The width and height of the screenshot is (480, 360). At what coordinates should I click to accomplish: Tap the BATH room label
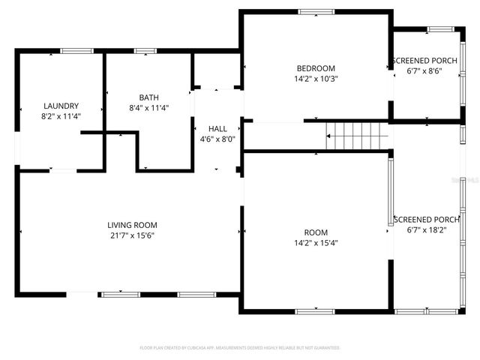[x=148, y=97]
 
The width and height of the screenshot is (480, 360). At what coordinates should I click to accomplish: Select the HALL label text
[x=217, y=129]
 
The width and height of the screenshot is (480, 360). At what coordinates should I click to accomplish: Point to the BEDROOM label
[x=316, y=68]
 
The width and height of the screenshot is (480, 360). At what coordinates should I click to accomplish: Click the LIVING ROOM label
[x=132, y=225]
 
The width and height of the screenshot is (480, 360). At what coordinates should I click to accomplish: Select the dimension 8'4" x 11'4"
[x=148, y=108]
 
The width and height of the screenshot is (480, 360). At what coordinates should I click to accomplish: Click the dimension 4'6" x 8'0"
[x=217, y=139]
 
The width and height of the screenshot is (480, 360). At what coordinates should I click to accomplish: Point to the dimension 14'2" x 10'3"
[x=316, y=79]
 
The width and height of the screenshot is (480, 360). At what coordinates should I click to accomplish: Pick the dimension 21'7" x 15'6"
[x=132, y=235]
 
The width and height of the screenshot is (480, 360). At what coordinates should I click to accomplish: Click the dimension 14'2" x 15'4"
[x=316, y=243]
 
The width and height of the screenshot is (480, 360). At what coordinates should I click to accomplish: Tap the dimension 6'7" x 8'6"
[x=424, y=72]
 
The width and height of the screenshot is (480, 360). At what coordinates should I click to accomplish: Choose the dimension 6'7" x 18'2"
[x=424, y=229]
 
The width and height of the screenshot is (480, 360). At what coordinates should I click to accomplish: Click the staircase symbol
[x=358, y=137]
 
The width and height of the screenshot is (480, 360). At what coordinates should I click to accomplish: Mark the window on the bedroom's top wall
[x=316, y=11]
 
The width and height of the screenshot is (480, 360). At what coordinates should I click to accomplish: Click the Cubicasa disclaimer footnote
[x=240, y=348]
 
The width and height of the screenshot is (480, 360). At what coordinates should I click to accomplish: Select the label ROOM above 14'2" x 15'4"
[x=316, y=232]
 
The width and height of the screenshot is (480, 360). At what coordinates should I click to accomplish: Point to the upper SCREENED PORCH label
[x=424, y=61]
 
